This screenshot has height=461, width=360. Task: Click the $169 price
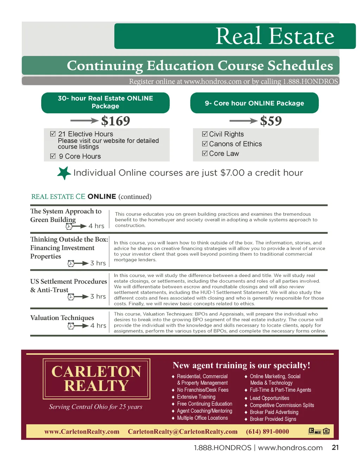point(116,121)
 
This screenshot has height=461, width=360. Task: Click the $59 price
point(271,121)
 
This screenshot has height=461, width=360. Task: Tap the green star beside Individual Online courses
point(64,173)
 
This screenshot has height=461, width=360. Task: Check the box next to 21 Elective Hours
point(53,134)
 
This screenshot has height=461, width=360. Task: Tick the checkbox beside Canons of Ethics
point(205,144)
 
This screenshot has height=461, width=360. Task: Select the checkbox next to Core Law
point(205,153)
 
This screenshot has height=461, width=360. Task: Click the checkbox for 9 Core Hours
point(53,156)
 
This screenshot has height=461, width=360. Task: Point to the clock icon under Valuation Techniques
point(71,326)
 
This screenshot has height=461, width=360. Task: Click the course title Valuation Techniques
point(62,318)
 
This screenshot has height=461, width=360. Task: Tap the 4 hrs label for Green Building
point(96,226)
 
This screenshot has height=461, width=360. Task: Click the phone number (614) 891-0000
point(267,431)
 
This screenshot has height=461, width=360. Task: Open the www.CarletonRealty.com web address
point(82,431)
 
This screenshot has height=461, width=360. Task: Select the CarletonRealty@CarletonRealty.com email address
point(182,431)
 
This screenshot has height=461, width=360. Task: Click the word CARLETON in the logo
point(96,372)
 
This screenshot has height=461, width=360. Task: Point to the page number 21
point(335,448)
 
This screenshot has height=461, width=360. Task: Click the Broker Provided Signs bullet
point(273,419)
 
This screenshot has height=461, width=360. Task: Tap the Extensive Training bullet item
point(196,397)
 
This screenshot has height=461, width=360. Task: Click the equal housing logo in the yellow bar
point(326,431)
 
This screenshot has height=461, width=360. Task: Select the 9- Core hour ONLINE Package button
point(254,103)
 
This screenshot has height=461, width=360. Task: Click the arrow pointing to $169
point(84,121)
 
